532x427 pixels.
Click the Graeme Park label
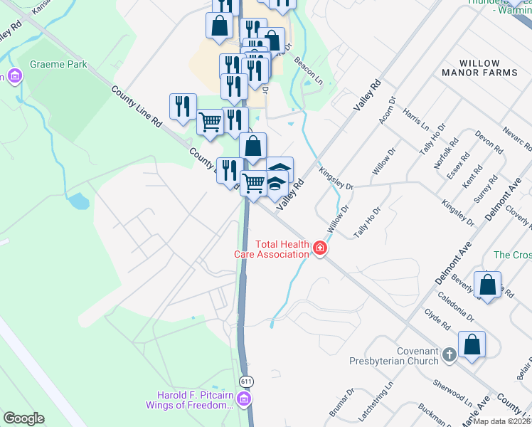click(58, 64)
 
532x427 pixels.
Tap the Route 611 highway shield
click(246, 381)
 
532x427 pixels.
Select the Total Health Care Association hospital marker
click(320, 248)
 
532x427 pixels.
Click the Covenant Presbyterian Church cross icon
click(449, 354)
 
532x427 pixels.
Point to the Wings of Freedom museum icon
click(244, 400)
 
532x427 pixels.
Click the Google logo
click(23, 418)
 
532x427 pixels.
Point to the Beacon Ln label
click(307, 72)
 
